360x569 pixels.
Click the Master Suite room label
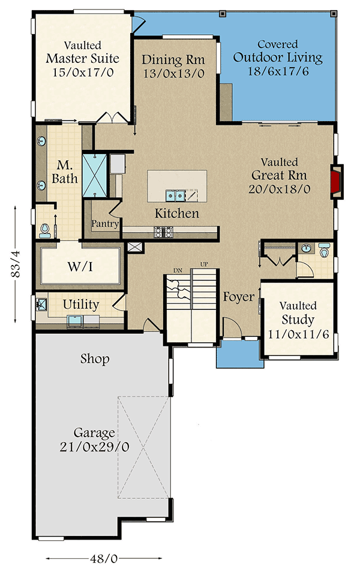pos(82,59)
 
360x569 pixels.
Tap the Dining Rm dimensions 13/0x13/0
pos(173,73)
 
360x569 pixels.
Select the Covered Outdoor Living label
pos(278,58)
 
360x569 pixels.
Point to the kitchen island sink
pos(175,195)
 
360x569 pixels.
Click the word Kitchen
pos(176,213)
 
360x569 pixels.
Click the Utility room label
pos(81,305)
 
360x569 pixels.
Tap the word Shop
pos(95,359)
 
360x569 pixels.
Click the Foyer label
pos(239,297)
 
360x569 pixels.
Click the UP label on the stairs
pos(204,265)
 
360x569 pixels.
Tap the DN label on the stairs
pos(178,270)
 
